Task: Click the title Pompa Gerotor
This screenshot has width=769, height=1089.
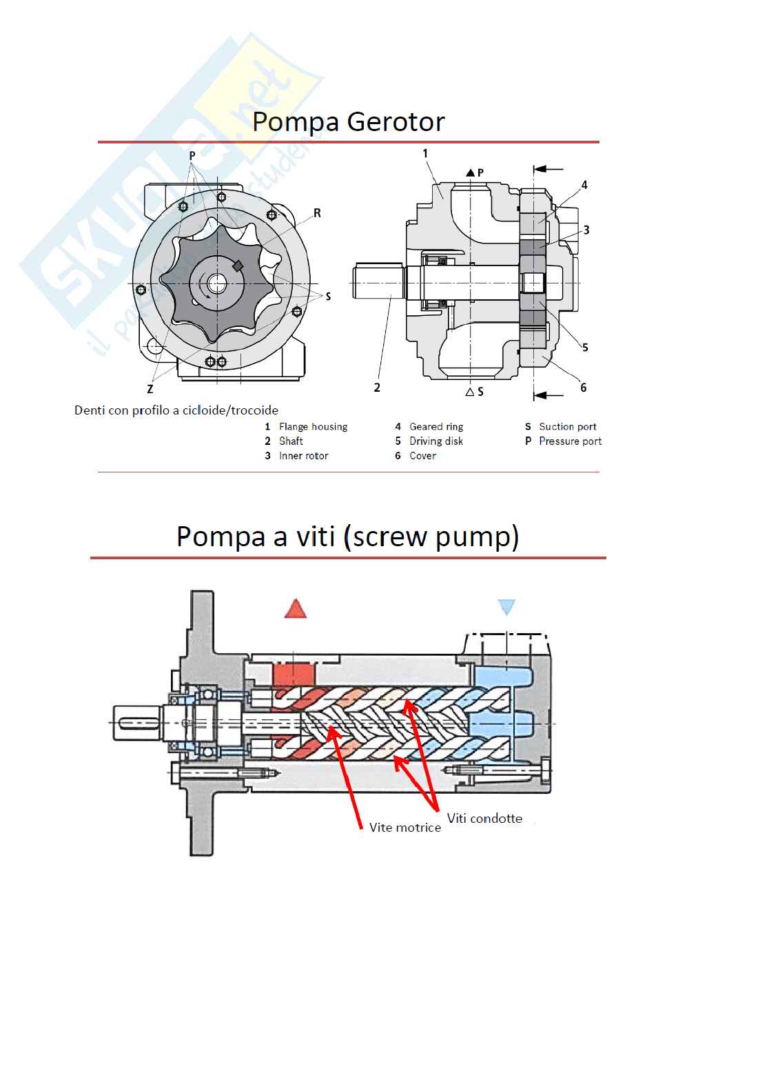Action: (x=348, y=122)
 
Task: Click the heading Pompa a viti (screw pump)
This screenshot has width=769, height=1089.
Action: (x=348, y=537)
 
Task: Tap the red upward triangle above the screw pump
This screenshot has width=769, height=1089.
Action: (x=296, y=608)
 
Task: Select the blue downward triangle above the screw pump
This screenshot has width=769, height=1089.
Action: (x=506, y=607)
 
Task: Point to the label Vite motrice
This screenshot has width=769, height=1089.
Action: (x=405, y=828)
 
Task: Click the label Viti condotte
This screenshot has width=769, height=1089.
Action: (x=484, y=818)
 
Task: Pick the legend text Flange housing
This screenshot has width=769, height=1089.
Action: (x=314, y=427)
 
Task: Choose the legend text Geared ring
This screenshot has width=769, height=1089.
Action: (x=436, y=427)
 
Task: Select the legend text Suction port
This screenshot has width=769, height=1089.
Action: (x=567, y=427)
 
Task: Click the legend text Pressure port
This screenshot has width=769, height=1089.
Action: (x=571, y=441)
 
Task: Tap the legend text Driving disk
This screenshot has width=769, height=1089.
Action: (x=436, y=441)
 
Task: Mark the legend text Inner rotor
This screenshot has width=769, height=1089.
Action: (x=304, y=456)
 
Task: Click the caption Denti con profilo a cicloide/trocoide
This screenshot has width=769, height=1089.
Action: (x=176, y=410)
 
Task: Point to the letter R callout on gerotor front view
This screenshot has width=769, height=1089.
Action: (x=317, y=213)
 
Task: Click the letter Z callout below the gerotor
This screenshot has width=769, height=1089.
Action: (x=150, y=389)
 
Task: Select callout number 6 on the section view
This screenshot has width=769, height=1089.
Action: (x=584, y=388)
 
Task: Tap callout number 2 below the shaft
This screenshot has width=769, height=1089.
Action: (x=377, y=388)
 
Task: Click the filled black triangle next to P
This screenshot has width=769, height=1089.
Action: (x=470, y=172)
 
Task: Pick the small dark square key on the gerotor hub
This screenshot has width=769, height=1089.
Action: (x=238, y=266)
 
